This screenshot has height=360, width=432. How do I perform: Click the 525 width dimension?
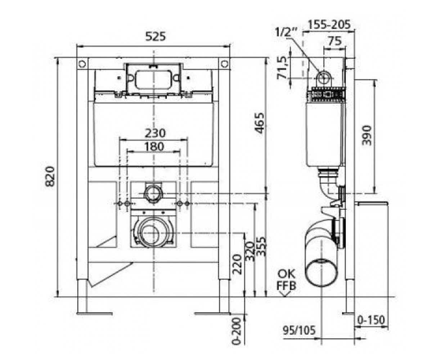point(156,36)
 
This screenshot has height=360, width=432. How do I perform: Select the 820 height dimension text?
point(50,176)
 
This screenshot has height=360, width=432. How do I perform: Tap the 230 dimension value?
point(155,133)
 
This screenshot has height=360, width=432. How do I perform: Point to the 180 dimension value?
point(154,146)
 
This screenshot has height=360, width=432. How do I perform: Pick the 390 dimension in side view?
point(367,135)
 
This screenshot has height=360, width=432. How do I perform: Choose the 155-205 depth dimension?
point(329,24)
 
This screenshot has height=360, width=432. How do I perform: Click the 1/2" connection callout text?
point(286,32)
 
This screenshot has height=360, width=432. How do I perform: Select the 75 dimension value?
point(335,41)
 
